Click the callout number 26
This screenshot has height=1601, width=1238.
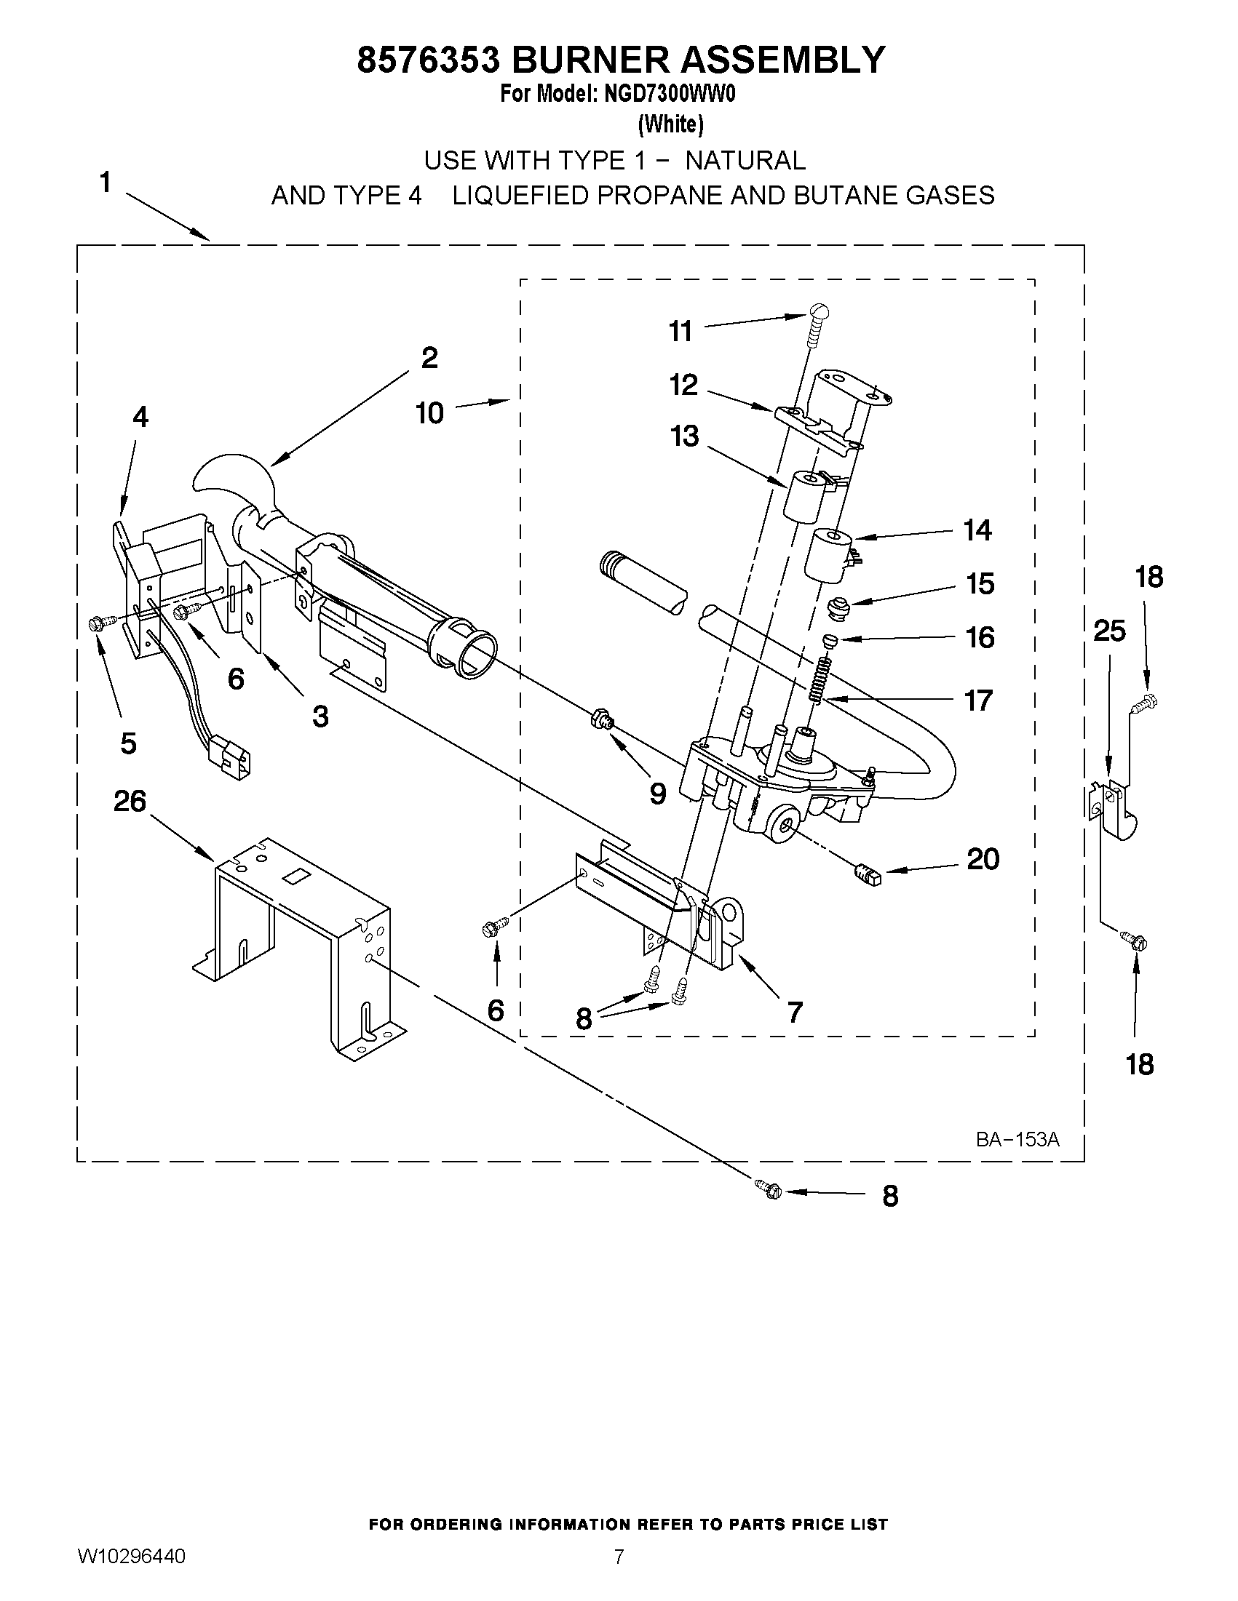130,802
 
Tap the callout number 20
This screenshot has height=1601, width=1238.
983,858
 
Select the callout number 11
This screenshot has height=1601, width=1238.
680,332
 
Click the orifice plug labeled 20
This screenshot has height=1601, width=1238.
867,874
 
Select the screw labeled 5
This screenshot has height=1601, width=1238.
97,623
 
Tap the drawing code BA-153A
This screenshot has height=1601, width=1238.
1017,1139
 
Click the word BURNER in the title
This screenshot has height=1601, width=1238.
591,60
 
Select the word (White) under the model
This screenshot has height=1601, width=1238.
670,124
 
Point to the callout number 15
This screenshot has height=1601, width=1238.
980,584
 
